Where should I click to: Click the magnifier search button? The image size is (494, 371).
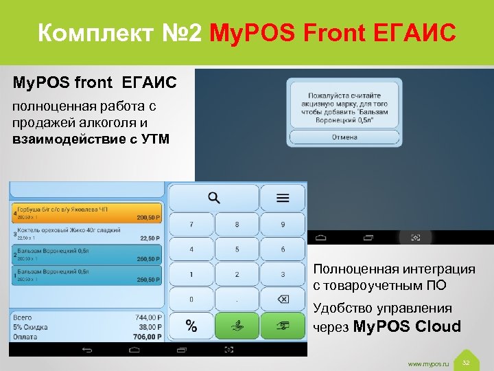pyautogui.click(x=214, y=199)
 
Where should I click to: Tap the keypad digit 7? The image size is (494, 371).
pyautogui.click(x=191, y=225)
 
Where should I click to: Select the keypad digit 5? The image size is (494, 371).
pyautogui.click(x=237, y=249)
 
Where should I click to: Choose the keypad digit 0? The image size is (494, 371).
pyautogui.click(x=191, y=300)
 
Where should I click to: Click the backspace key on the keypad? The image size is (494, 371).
pyautogui.click(x=283, y=300)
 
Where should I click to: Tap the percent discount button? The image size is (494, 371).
pyautogui.click(x=191, y=326)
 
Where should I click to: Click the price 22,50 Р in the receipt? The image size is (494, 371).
pyautogui.click(x=149, y=238)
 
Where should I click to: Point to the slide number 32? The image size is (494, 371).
pyautogui.click(x=466, y=362)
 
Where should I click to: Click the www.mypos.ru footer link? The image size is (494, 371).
pyautogui.click(x=428, y=363)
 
